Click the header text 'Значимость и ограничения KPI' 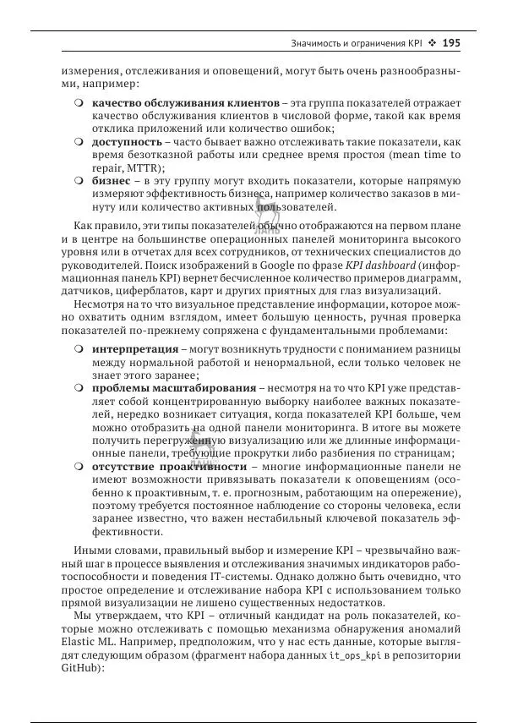point(355,42)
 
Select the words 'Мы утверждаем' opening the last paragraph point(106,616)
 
